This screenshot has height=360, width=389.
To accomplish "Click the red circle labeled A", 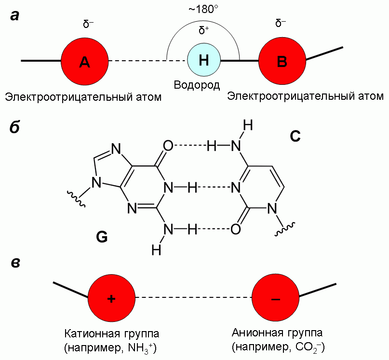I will [x=84, y=61].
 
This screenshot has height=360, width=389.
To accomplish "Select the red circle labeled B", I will [x=282, y=61].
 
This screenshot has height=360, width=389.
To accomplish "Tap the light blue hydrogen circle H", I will [x=204, y=60].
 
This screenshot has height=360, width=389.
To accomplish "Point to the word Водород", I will [x=197, y=86].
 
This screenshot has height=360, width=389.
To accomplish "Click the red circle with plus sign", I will [x=111, y=298].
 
